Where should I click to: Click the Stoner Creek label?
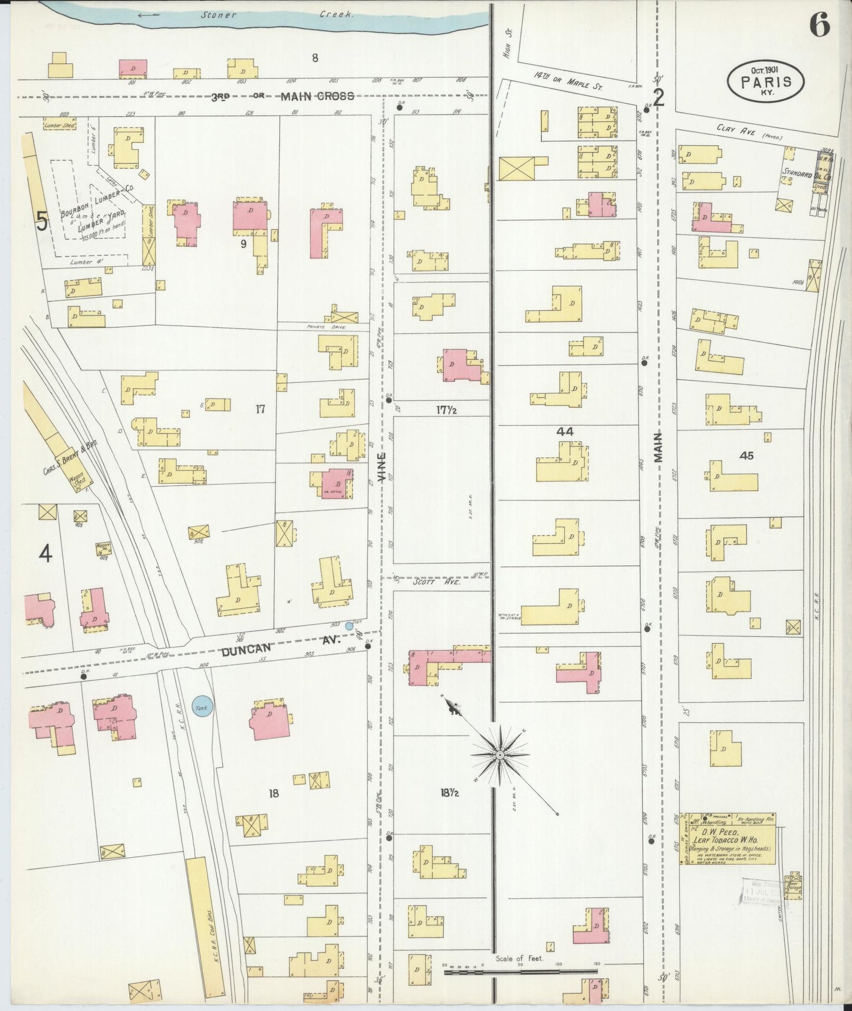coord(277,14)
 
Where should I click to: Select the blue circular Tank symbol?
coord(202,707)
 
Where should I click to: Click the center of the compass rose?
coord(500,754)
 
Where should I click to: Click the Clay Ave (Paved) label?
coord(749,133)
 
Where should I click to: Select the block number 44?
coord(565,432)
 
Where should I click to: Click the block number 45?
coord(746,455)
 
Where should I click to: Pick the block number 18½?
coord(449,793)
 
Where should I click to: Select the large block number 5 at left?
coord(42,221)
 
